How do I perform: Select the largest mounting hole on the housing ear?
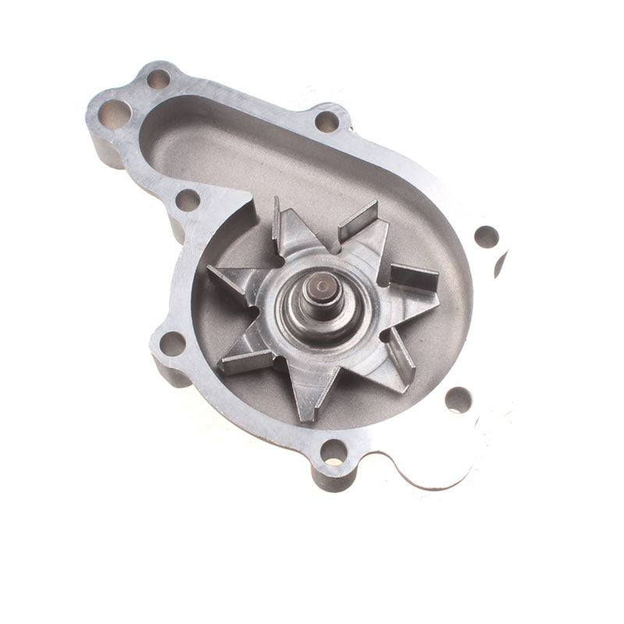(x=115, y=114)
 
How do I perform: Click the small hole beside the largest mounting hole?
(x=158, y=79)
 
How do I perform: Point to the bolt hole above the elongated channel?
(x=327, y=121)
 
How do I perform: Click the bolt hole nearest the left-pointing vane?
(x=187, y=200)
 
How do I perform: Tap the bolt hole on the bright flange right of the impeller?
(x=486, y=236)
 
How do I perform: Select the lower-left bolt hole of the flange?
(x=172, y=343)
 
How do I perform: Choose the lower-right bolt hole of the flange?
(x=458, y=399)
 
